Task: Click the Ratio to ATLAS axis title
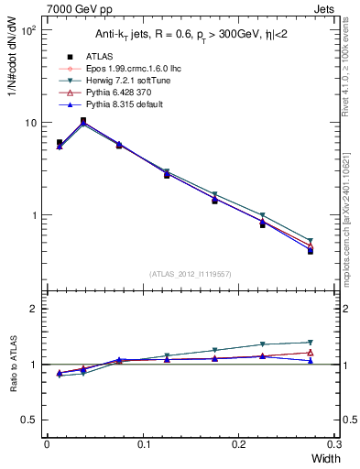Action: click(13, 364)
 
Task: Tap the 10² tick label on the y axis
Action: click(28, 30)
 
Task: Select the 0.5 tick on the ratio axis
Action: click(30, 420)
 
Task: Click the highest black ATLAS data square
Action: click(83, 120)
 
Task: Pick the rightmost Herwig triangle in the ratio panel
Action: click(310, 343)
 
